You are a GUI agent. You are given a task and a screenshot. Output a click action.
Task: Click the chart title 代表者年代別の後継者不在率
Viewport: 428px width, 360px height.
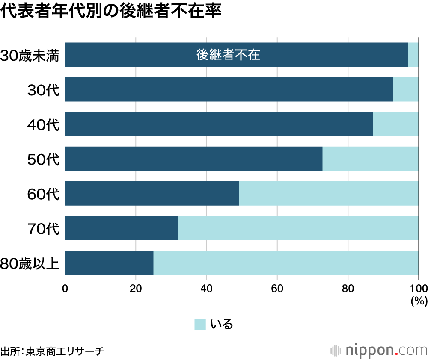point(111,12)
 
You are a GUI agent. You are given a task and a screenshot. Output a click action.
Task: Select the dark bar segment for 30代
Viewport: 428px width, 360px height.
point(229,89)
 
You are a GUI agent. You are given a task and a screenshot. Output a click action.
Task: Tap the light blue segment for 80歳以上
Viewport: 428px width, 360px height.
point(286,263)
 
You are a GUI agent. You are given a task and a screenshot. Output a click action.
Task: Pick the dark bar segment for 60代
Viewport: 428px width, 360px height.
point(152,193)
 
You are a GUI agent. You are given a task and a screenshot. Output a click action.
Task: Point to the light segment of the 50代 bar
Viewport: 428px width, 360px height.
point(370,159)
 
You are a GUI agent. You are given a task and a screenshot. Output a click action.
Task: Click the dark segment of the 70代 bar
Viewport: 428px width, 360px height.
point(122,228)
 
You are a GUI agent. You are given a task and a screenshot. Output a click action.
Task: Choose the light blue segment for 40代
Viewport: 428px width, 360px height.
point(396,124)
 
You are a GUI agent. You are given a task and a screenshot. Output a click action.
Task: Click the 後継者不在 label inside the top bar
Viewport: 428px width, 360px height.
point(228,55)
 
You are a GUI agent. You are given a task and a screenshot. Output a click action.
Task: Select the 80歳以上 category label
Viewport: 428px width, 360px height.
point(30,263)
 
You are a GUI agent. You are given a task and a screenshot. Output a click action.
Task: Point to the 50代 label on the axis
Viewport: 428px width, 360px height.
point(43,159)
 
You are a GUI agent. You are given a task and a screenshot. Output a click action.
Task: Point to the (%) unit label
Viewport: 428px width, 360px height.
point(419,301)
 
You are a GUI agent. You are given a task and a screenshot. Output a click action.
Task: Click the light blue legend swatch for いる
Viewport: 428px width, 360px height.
point(200,324)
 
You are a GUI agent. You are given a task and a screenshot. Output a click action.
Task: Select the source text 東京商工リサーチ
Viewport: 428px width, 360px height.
point(65,351)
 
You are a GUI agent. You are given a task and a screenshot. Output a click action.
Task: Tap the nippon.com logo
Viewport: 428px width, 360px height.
point(379,351)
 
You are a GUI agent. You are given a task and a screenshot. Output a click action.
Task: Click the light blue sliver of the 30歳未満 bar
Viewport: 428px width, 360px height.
point(413,55)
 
